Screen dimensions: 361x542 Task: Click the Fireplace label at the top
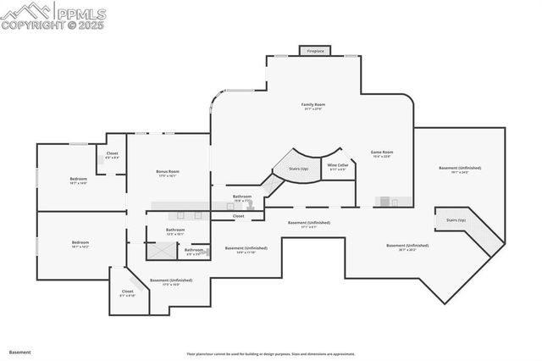pyautogui.click(x=315, y=51)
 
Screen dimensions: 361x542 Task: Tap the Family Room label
pyautogui.click(x=313, y=105)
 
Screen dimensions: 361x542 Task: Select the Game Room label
pyautogui.click(x=382, y=153)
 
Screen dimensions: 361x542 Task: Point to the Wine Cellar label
pyautogui.click(x=338, y=165)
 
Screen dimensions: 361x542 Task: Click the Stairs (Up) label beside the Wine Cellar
pyautogui.click(x=298, y=169)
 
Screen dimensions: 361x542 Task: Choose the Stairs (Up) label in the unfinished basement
pyautogui.click(x=456, y=219)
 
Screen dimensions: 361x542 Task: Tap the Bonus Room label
pyautogui.click(x=168, y=172)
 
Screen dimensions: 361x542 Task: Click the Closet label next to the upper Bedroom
pyautogui.click(x=112, y=153)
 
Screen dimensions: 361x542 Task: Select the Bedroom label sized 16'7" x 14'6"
pyautogui.click(x=78, y=179)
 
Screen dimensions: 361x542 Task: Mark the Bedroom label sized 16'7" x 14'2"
pyautogui.click(x=80, y=242)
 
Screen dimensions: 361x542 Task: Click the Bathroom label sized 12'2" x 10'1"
pyautogui.click(x=175, y=230)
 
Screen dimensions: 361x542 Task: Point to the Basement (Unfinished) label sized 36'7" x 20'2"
pyautogui.click(x=407, y=246)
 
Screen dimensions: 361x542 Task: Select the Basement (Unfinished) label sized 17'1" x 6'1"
pyautogui.click(x=308, y=223)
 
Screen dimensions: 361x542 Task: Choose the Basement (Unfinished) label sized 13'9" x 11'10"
pyautogui.click(x=246, y=248)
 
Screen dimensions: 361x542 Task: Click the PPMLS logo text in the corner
pyautogui.click(x=81, y=14)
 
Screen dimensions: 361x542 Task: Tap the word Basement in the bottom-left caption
pyautogui.click(x=19, y=351)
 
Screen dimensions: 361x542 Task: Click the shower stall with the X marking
pyautogui.click(x=160, y=251)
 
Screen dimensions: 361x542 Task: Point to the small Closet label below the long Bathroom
pyautogui.click(x=239, y=216)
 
